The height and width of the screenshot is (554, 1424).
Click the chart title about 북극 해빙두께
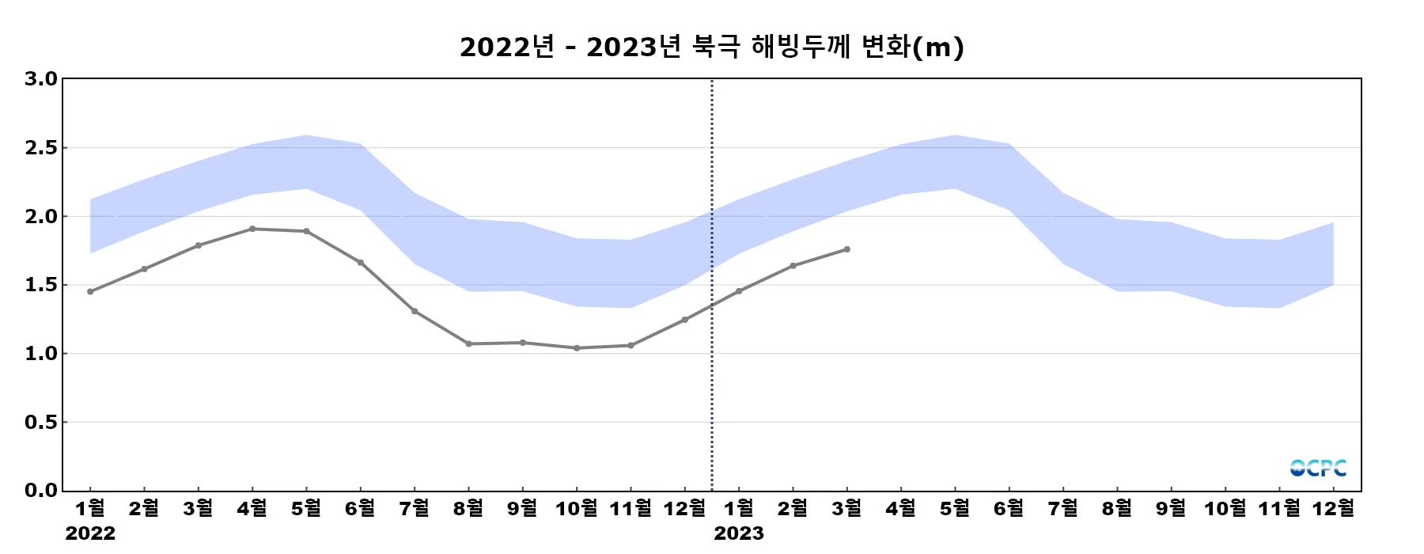click(711, 47)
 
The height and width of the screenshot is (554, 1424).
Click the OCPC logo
click(1318, 469)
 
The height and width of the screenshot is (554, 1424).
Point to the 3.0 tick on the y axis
click(41, 78)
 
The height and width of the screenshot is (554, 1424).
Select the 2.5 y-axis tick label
click(41, 148)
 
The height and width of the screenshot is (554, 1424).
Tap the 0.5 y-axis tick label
click(41, 423)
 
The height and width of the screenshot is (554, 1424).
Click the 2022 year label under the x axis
click(90, 533)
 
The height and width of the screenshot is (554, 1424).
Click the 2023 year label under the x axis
click(739, 533)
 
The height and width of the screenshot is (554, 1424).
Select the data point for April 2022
click(252, 229)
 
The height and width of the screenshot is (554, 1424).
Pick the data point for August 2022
click(468, 343)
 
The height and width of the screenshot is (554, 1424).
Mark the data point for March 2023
click(847, 249)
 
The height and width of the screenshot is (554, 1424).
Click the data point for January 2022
click(90, 292)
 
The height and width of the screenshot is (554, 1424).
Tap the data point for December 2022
click(685, 320)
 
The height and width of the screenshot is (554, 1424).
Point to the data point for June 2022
click(361, 263)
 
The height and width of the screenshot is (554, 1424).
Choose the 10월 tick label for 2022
click(577, 508)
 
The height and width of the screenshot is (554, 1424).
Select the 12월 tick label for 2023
click(1334, 508)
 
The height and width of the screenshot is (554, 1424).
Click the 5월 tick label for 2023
click(955, 508)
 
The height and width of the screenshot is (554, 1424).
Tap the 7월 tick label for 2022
click(415, 508)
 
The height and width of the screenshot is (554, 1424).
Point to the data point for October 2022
click(577, 348)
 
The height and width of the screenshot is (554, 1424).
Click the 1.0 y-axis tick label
click(41, 354)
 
